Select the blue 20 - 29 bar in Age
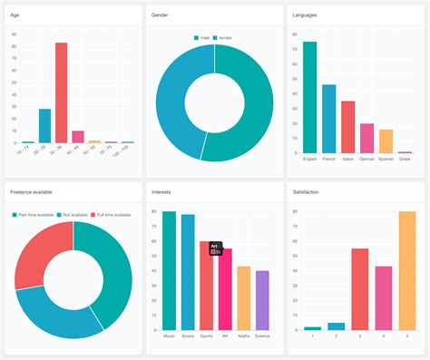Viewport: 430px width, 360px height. [44, 126]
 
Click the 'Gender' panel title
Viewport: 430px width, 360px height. [159, 15]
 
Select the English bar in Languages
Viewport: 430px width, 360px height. [309, 97]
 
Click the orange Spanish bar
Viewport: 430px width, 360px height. [386, 141]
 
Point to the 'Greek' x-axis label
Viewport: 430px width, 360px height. [405, 159]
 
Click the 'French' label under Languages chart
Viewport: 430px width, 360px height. [328, 159]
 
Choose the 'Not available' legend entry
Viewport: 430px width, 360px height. [73, 214]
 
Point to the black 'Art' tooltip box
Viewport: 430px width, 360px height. [216, 247]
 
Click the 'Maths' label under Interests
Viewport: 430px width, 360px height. [243, 335]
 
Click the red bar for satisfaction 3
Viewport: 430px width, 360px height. [360, 288]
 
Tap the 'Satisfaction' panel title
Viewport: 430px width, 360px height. [306, 191]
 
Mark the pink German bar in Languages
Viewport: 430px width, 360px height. [366, 138]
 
